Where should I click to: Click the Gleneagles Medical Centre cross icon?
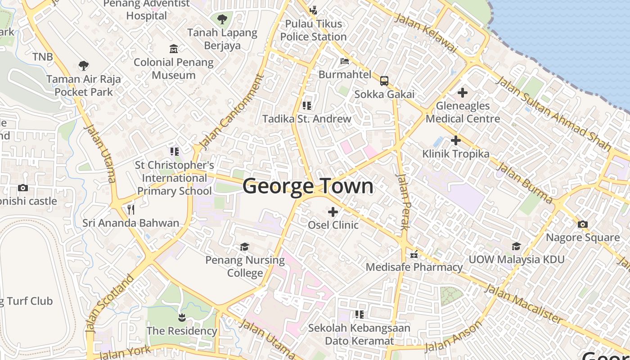pos(462,93)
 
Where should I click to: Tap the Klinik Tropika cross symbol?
pos(455,140)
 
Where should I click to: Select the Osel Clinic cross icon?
pos(333,211)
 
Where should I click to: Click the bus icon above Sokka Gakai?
pos(384,81)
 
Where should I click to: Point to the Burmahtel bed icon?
pos(345,61)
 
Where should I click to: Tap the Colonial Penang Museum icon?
pos(174,49)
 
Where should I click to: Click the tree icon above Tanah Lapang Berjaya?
pos(222,19)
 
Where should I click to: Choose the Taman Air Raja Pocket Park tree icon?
pos(83,66)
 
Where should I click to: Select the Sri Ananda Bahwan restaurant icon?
pos(131,209)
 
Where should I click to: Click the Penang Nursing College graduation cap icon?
pos(245,247)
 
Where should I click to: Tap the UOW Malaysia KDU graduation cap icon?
pos(516,246)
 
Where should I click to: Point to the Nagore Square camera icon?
pos(582,224)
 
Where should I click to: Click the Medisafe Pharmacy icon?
pos(414,254)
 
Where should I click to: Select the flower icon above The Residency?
pos(182,318)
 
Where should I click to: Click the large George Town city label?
pos(308,186)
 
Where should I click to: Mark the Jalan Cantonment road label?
pos(230,112)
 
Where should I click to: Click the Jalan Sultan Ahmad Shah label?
pos(553,113)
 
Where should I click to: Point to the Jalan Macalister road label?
pos(523,304)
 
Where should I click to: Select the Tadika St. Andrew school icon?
pos(307,106)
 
